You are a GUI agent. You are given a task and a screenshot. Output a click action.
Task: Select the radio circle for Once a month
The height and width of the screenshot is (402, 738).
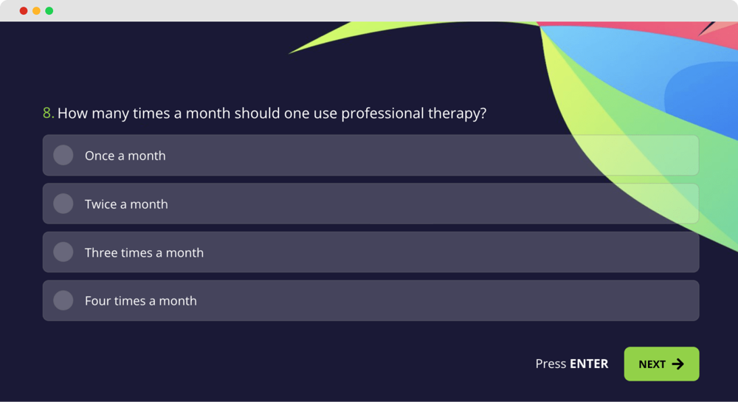(x=63, y=155)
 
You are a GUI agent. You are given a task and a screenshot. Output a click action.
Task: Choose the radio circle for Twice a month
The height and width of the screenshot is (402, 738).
(x=63, y=204)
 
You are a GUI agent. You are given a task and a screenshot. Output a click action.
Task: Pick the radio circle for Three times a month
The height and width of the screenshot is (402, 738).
(x=63, y=252)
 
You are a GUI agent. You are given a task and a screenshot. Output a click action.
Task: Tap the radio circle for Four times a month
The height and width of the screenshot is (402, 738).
(x=63, y=300)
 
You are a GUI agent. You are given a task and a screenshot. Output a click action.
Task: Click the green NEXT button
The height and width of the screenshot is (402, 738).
(x=661, y=364)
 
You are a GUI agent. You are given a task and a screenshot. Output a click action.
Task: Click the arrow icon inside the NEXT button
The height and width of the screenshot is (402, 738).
(x=678, y=364)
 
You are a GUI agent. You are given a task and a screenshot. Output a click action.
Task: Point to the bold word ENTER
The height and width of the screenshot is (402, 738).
(x=589, y=364)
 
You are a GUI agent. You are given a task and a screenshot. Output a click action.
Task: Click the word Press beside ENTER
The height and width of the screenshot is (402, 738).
(x=551, y=364)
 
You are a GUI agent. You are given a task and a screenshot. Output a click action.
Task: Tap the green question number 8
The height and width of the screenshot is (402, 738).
(x=48, y=114)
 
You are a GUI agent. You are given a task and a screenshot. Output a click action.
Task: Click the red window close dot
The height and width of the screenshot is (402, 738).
(x=24, y=11)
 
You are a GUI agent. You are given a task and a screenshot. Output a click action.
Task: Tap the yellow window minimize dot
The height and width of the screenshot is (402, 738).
(x=36, y=11)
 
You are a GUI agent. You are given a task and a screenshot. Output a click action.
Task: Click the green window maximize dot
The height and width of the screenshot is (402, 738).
(x=49, y=11)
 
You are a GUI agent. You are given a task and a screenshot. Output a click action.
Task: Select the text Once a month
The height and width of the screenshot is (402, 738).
(x=125, y=156)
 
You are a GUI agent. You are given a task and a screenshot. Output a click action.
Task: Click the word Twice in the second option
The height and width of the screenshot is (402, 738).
(x=100, y=204)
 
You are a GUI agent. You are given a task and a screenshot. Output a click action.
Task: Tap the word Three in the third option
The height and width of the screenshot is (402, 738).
(x=101, y=252)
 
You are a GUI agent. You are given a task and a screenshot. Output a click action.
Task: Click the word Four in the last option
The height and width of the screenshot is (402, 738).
(x=97, y=301)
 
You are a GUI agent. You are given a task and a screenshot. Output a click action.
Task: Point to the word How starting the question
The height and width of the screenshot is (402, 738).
(x=72, y=114)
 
